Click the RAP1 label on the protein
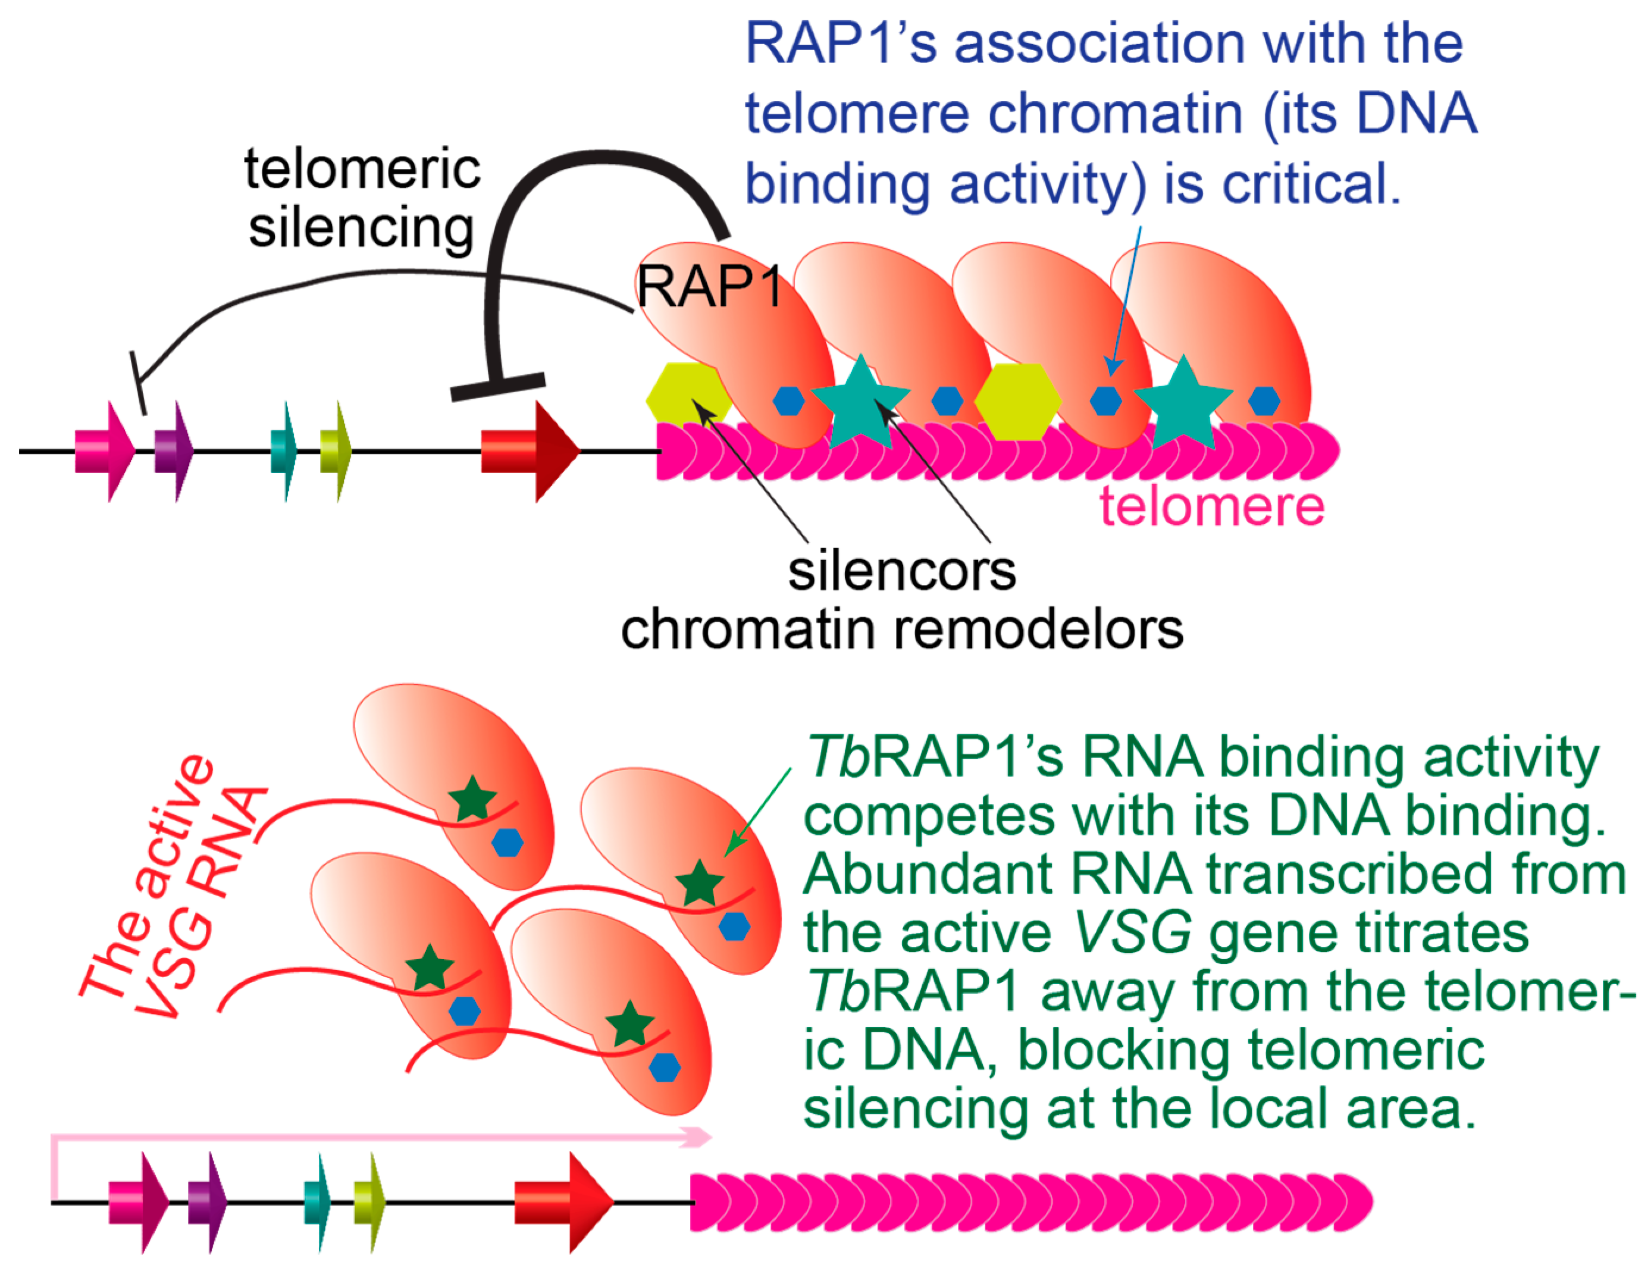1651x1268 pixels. [709, 287]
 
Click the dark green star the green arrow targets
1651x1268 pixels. [698, 884]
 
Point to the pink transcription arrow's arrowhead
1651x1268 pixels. [698, 1136]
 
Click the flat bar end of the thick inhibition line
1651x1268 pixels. [497, 386]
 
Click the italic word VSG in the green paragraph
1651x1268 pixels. [1132, 933]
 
